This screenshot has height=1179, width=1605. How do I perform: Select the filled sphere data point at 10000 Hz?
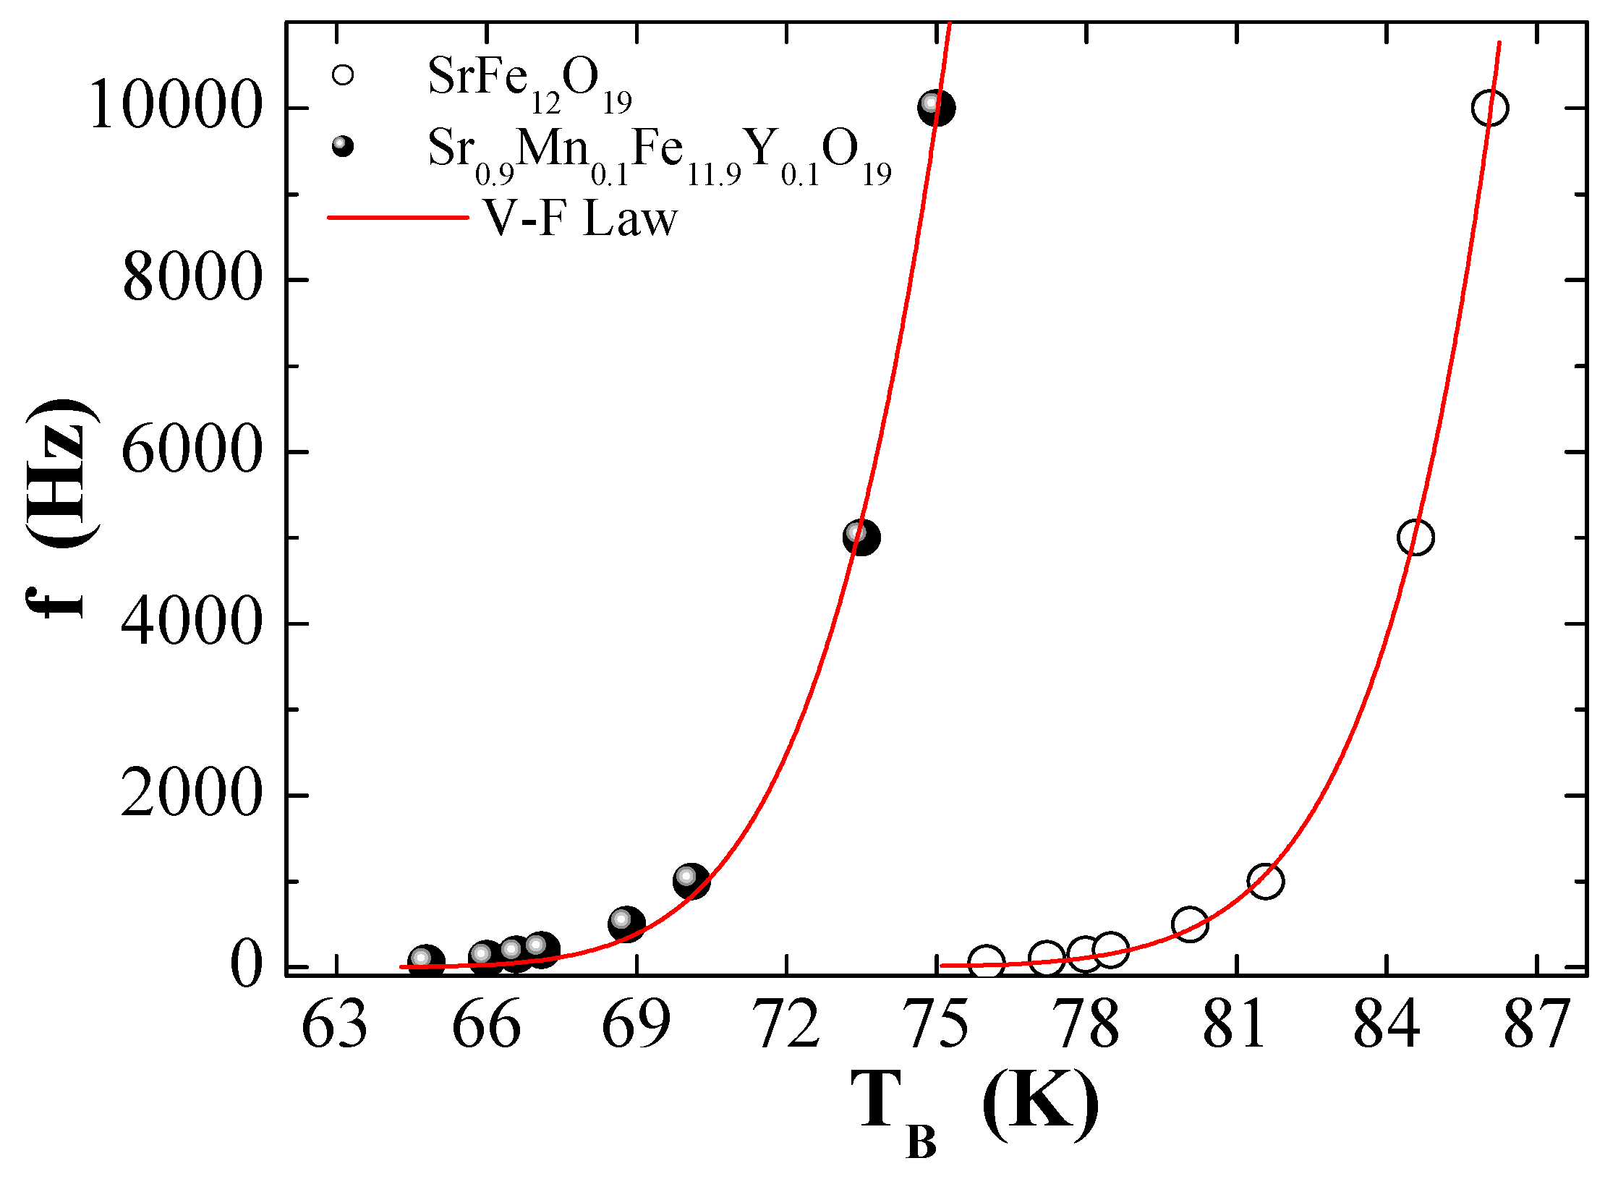pyautogui.click(x=936, y=108)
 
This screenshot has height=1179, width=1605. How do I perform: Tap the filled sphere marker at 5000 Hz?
pyautogui.click(x=861, y=537)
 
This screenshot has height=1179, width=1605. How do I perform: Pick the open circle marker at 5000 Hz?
pyautogui.click(x=1415, y=537)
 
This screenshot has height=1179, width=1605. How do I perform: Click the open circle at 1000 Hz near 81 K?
pyautogui.click(x=1265, y=881)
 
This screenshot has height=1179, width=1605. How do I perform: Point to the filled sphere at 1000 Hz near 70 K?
pyautogui.click(x=691, y=880)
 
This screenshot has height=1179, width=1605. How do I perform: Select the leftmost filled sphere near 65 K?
pyautogui.click(x=425, y=961)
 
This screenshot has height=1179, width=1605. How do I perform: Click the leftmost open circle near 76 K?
pyautogui.click(x=986, y=962)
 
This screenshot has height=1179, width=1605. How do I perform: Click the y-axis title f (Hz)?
pyautogui.click(x=61, y=510)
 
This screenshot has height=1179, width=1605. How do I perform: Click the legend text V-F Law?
pyautogui.click(x=581, y=218)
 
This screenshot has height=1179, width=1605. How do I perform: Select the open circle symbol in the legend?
pyautogui.click(x=342, y=75)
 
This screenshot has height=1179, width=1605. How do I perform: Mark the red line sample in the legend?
pyautogui.click(x=398, y=217)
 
